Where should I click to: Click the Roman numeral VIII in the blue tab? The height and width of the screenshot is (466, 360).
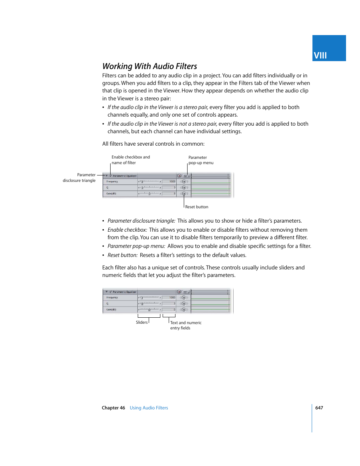(320, 55)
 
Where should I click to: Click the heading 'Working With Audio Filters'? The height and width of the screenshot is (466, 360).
(149, 66)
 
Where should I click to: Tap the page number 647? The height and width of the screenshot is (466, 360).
(319, 408)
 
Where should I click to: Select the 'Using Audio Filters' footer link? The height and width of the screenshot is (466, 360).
(149, 408)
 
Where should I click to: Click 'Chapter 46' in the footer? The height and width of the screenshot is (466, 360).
(113, 408)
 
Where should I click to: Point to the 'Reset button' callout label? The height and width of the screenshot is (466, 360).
(197, 207)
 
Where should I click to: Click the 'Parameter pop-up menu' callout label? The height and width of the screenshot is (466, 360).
(201, 160)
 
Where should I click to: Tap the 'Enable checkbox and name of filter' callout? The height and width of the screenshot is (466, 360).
(131, 160)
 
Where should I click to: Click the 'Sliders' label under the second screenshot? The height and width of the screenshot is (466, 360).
(142, 322)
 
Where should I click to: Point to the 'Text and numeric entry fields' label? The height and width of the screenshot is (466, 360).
(186, 325)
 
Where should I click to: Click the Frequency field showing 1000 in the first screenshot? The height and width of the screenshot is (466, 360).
(169, 181)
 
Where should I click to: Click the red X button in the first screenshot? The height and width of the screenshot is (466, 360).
(179, 176)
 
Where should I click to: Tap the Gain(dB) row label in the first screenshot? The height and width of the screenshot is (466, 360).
(111, 194)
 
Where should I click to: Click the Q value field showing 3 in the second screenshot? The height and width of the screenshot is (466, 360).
(169, 303)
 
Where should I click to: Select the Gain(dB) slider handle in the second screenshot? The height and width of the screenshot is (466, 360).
(149, 310)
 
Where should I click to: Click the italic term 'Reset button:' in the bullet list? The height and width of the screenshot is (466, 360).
(123, 255)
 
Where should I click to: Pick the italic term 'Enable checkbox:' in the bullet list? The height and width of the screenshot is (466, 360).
(127, 230)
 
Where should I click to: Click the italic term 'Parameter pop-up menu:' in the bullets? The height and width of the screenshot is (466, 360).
(136, 246)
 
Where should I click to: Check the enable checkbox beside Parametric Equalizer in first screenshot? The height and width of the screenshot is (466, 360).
(111, 176)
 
